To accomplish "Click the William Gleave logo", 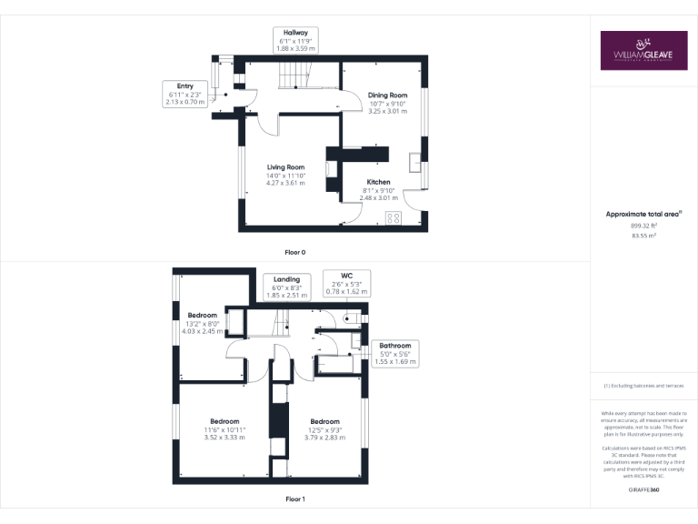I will coord(643,51).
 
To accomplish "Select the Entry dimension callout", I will coord(185,94).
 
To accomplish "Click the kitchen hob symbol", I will coord(394,217).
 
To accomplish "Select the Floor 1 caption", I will coord(294,499).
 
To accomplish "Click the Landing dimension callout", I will coord(286,287).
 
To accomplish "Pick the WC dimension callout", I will coord(346,283).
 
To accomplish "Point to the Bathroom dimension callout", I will coord(395,354).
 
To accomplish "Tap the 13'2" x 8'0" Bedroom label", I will coord(203,323).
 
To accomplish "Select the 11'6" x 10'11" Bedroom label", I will coord(224,428).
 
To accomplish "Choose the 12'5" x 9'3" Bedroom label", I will coord(324,428).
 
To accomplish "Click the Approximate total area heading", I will coord(643,215).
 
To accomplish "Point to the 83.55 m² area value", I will coord(643,235).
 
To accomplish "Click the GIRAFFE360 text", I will coord(643,490).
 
